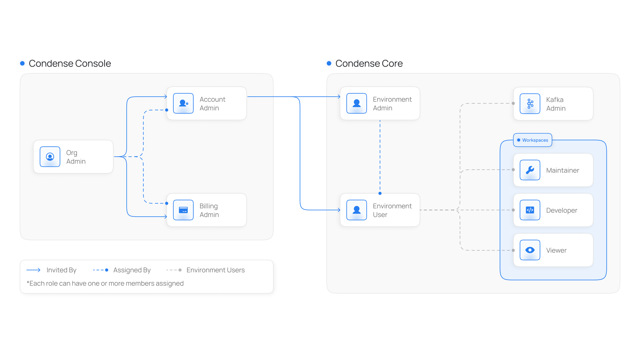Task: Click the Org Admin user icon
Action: (x=50, y=157)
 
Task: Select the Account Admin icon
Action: (x=183, y=103)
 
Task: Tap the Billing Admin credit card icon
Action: (x=183, y=210)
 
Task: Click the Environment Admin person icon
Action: (x=357, y=103)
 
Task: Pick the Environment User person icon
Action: (x=357, y=210)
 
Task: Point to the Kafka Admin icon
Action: (x=530, y=104)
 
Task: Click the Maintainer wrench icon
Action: (x=530, y=170)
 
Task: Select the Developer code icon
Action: (x=530, y=210)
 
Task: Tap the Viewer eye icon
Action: (x=530, y=250)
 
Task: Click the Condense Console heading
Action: (x=70, y=63)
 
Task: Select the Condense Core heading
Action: (x=369, y=63)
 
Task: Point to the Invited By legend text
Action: (x=61, y=270)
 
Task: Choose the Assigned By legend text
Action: (x=132, y=270)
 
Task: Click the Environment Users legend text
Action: (x=216, y=270)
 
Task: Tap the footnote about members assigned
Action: (x=105, y=283)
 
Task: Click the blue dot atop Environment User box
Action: (x=380, y=193)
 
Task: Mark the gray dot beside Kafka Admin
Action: (x=513, y=103)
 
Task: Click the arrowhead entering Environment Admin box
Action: (x=339, y=97)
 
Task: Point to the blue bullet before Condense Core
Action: (x=329, y=63)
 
